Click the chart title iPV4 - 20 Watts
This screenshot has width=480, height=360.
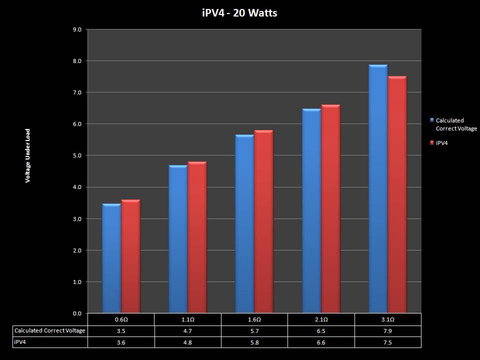tap(239, 13)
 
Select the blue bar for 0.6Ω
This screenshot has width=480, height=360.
tap(111, 258)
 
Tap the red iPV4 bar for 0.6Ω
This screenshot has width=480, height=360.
tap(130, 256)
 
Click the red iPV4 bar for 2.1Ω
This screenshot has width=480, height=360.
tap(330, 209)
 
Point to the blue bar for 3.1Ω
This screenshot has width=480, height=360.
tap(377, 189)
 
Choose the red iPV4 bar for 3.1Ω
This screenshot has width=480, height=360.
tap(397, 195)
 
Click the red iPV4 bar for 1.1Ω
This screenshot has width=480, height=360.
tap(197, 237)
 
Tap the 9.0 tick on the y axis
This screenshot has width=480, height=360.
tap(77, 29)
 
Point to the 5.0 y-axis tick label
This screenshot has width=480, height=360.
tap(77, 155)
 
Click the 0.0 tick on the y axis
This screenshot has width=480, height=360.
tap(77, 313)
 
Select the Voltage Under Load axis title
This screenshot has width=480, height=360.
tap(28, 156)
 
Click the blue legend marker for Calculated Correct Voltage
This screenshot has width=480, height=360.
tap(432, 120)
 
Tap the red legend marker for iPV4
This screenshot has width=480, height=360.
tap(432, 143)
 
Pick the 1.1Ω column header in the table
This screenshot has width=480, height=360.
tap(187, 319)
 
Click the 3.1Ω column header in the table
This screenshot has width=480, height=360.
tap(388, 319)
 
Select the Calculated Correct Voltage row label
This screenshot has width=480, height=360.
tap(50, 330)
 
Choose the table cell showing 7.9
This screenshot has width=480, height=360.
tap(388, 330)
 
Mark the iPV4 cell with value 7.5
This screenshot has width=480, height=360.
tap(388, 342)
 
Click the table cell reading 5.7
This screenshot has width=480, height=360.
tap(254, 330)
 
